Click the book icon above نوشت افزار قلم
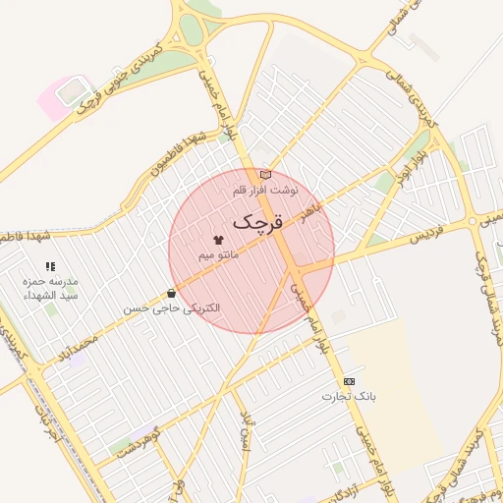264,174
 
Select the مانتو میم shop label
218,254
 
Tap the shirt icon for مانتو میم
218,239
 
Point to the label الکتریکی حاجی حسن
172,308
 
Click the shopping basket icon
172,293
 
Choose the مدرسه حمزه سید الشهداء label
50,289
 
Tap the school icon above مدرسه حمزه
50,266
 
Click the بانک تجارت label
349,396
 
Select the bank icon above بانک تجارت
349,381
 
